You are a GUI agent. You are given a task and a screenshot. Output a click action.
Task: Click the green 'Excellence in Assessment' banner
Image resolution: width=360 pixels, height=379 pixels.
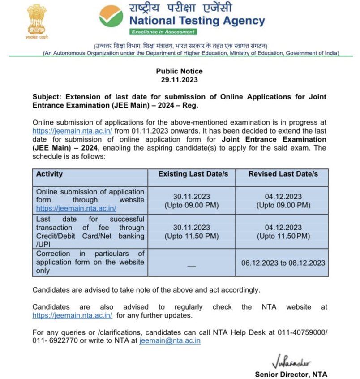click(x=163, y=32)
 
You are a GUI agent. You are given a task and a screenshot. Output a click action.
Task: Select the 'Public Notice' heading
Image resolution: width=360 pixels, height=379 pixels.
click(x=179, y=71)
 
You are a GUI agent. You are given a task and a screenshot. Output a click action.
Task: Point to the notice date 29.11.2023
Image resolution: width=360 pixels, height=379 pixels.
click(x=179, y=80)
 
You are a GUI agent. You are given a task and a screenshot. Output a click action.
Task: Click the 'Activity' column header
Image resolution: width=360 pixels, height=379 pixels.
click(x=49, y=174)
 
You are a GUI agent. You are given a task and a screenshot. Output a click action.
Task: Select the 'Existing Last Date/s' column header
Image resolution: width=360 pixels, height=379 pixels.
click(x=191, y=174)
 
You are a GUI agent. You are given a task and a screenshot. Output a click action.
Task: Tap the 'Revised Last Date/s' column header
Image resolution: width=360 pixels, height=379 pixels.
click(x=283, y=174)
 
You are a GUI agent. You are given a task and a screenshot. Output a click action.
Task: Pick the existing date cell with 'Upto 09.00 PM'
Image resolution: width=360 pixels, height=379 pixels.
click(x=191, y=201)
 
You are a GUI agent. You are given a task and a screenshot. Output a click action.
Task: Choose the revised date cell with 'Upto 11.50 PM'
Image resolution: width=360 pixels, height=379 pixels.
click(x=283, y=232)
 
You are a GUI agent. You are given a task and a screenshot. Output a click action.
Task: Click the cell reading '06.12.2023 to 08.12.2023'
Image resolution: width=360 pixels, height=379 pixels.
click(x=283, y=263)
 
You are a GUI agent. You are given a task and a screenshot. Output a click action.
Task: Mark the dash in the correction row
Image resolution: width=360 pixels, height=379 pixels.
click(x=191, y=266)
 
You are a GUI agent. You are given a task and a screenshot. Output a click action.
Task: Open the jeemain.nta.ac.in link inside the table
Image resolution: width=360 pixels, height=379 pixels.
click(x=76, y=209)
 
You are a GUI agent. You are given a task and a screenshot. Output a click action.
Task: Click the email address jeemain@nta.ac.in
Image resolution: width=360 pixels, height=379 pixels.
click(x=170, y=341)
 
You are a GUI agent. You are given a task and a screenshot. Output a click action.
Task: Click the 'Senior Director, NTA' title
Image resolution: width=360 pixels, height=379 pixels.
click(x=291, y=374)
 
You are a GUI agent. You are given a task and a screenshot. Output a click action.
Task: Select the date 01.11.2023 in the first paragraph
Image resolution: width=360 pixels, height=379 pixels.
click(x=149, y=131)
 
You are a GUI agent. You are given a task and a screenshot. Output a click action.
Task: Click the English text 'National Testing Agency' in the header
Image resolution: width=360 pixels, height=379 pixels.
click(x=197, y=21)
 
